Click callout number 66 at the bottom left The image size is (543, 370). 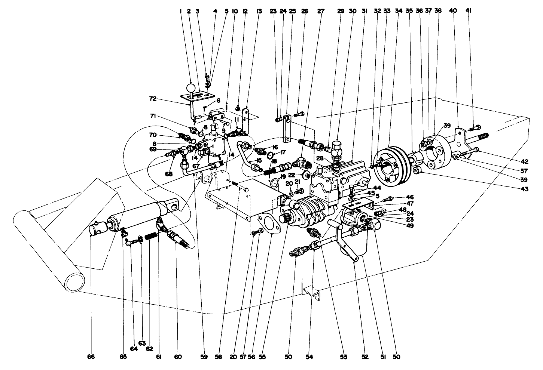tap(91, 357)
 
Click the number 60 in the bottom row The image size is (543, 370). tap(178, 357)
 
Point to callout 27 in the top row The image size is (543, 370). tap(321, 11)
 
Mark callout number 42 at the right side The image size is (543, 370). tap(524, 161)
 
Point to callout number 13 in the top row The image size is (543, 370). tap(259, 11)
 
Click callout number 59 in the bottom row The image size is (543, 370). tap(204, 357)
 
